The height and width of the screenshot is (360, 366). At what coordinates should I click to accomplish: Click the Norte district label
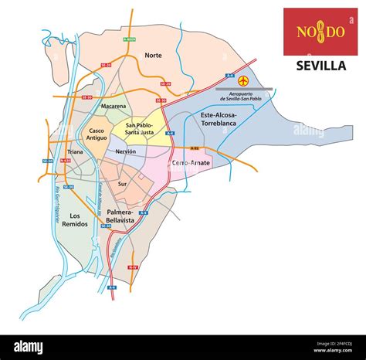(152, 56)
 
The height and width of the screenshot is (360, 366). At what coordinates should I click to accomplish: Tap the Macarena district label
(113, 106)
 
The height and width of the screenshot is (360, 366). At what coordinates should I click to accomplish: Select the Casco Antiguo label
(98, 135)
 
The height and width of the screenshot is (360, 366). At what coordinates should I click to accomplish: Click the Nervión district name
(125, 152)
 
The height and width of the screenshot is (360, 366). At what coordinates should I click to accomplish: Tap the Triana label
(74, 152)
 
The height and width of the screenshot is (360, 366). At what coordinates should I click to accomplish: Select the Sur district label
(122, 185)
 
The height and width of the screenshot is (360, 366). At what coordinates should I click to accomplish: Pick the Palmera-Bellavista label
(120, 216)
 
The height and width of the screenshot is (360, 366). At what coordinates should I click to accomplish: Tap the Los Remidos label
(74, 220)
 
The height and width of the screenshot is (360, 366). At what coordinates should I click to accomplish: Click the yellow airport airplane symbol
(245, 81)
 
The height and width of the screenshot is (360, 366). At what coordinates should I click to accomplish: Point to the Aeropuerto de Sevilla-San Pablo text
(247, 97)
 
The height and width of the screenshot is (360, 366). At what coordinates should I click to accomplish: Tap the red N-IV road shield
(134, 267)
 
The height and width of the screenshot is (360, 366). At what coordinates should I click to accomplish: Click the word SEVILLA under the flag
(320, 66)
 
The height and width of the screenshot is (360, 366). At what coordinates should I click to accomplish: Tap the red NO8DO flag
(320, 32)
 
